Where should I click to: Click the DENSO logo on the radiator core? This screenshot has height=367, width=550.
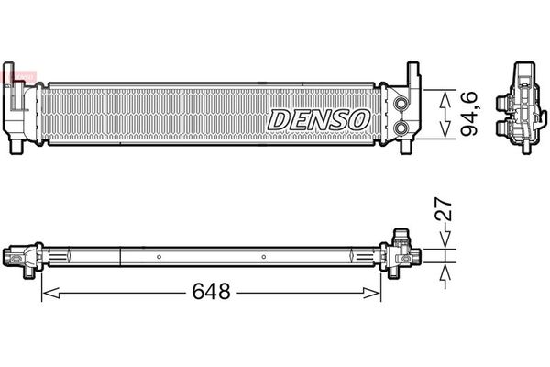pyautogui.click(x=319, y=118)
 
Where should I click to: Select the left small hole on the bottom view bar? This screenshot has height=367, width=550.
pyautogui.click(x=159, y=256)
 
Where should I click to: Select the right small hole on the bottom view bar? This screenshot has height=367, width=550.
pyautogui.click(x=263, y=256)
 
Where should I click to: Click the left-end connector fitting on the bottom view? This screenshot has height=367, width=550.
pyautogui.click(x=21, y=256)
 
